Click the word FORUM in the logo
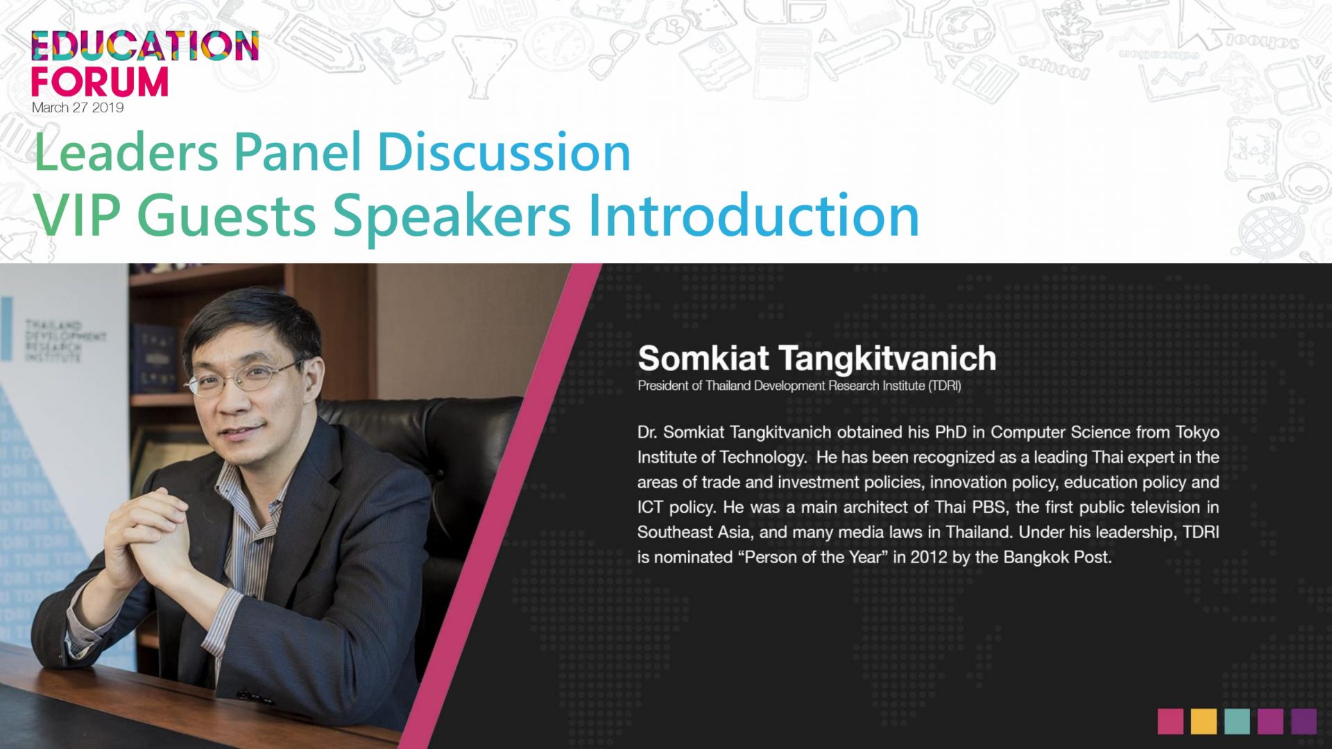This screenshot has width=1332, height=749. (100, 81)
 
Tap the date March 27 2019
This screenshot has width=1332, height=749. (78, 107)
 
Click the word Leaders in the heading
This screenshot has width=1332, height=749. (126, 152)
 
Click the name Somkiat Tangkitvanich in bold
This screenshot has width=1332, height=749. (817, 358)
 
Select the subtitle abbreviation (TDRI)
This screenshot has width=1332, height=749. (945, 386)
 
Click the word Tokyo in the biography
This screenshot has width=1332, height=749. (1197, 433)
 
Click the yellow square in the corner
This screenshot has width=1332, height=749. (1204, 721)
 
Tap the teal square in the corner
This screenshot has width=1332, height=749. (1237, 721)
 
